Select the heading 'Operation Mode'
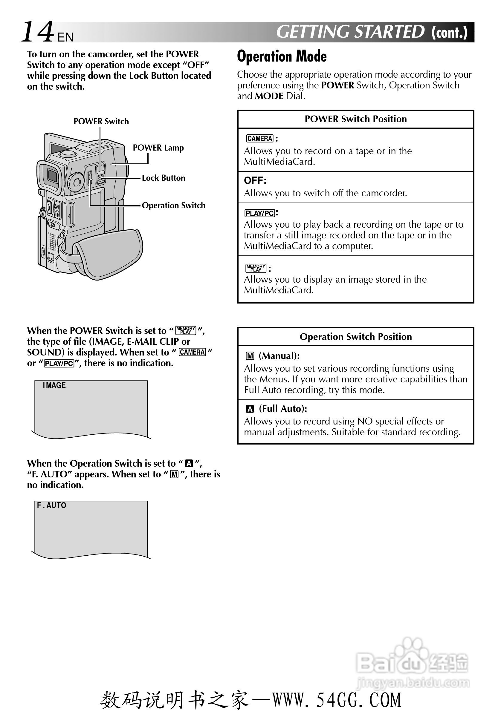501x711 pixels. tap(282, 57)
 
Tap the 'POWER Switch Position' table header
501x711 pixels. tap(355, 119)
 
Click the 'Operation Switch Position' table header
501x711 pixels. tap(355, 337)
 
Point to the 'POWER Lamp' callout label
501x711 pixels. tap(158, 148)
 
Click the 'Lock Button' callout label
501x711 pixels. tap(163, 178)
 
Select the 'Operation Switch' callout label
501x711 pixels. tap(173, 205)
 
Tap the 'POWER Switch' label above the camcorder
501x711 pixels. tap(101, 121)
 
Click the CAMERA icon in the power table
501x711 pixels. tap(260, 138)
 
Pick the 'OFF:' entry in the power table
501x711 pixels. tap(255, 180)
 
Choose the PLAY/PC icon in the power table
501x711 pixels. tap(260, 213)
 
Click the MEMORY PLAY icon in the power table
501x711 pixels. tap(256, 268)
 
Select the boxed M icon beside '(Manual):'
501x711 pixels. tap(250, 356)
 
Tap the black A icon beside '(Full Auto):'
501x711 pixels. tap(250, 409)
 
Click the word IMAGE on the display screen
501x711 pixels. tap(54, 385)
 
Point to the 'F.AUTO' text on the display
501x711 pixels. tap(51, 505)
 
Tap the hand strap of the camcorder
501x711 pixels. tap(109, 252)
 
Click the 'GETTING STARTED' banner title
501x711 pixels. tap(350, 32)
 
